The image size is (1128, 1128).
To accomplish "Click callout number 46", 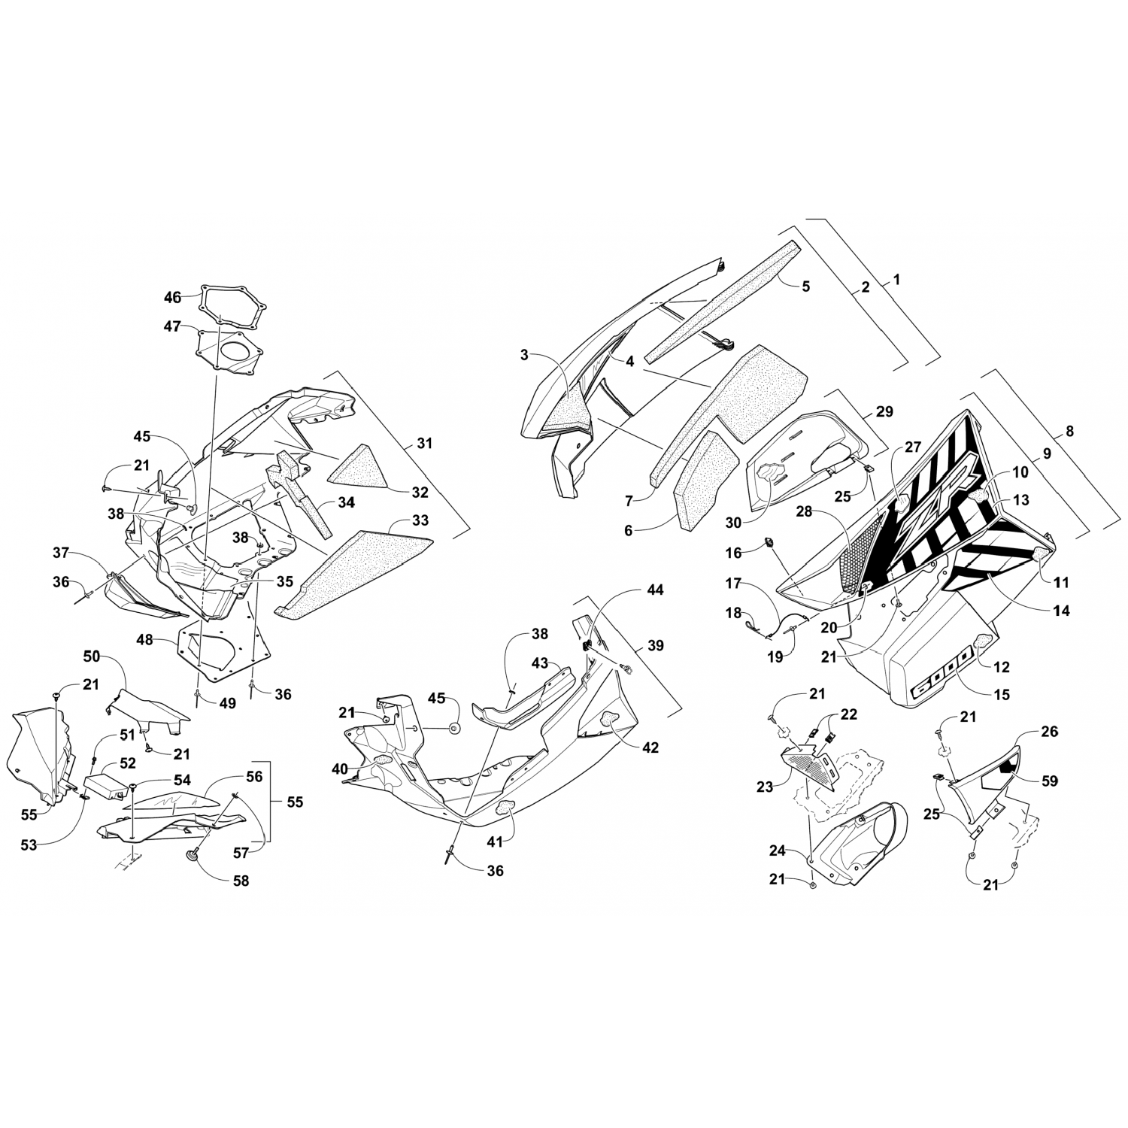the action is coord(172,298).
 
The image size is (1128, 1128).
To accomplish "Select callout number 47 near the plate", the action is coord(172,326).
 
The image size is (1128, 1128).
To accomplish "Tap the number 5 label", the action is coord(805,286).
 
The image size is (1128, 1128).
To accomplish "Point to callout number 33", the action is coord(420,520).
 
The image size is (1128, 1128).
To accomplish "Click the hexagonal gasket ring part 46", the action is coord(234,308).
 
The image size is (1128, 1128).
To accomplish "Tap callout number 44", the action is coord(655,590).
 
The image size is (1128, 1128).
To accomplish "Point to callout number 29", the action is coord(884,411).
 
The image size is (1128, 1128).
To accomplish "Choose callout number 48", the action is coord(144,640).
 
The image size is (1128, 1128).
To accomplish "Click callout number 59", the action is coord(1049,781).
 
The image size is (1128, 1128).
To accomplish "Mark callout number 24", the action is coord(777,851).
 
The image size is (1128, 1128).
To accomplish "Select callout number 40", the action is coord(339,769).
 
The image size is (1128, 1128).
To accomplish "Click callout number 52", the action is coord(128,763).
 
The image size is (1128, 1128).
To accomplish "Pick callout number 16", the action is coord(733,553).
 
